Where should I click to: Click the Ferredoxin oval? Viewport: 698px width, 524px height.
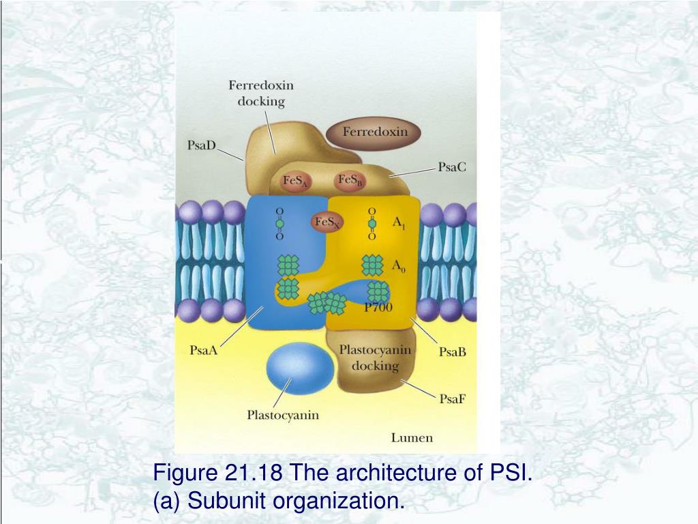pyautogui.click(x=374, y=132)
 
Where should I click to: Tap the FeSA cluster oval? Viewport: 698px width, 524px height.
pyautogui.click(x=296, y=182)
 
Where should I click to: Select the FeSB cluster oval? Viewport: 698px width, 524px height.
pyautogui.click(x=350, y=181)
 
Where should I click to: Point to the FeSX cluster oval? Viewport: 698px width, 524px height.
pyautogui.click(x=328, y=222)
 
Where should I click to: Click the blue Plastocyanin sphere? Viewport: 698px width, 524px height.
pyautogui.click(x=300, y=373)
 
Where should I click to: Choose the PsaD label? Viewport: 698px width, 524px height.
pyautogui.click(x=201, y=145)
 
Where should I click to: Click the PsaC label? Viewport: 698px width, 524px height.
pyautogui.click(x=452, y=166)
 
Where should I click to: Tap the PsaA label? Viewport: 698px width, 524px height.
pyautogui.click(x=203, y=351)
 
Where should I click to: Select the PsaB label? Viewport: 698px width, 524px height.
pyautogui.click(x=452, y=352)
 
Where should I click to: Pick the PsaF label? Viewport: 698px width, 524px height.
pyautogui.click(x=453, y=399)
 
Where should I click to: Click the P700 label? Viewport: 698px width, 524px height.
pyautogui.click(x=378, y=307)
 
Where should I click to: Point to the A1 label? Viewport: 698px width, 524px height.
pyautogui.click(x=399, y=223)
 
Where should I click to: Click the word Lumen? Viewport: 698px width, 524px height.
pyautogui.click(x=412, y=437)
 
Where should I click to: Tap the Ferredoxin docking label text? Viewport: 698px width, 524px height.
pyautogui.click(x=261, y=93)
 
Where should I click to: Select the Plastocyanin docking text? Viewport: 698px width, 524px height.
pyautogui.click(x=376, y=357)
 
